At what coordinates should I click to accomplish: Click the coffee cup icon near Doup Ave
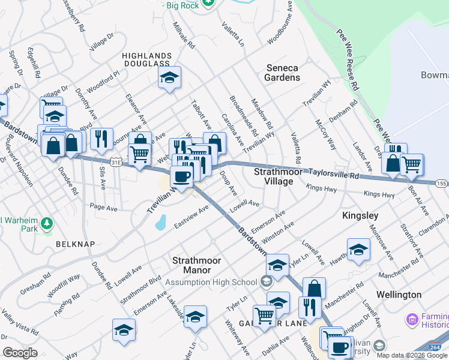(182, 176)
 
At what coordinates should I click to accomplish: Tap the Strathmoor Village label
(274, 176)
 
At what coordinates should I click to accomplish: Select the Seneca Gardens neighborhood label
(282, 73)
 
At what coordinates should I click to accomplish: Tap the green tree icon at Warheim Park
(46, 224)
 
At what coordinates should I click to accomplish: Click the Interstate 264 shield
(437, 347)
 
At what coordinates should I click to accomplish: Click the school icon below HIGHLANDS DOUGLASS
(170, 77)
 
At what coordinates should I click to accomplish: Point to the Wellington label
(399, 295)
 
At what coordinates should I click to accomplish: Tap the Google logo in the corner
(20, 352)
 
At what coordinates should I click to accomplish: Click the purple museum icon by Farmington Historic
(412, 319)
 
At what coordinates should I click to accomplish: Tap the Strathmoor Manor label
(197, 265)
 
